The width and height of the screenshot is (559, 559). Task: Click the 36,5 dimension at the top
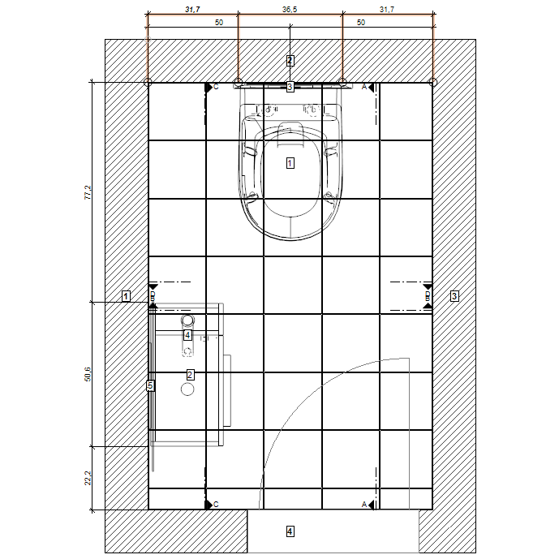(290, 10)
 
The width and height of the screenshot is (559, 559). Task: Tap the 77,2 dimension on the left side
(88, 192)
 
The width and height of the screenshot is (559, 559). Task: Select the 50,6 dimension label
(88, 374)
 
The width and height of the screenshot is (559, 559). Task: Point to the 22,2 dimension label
(88, 478)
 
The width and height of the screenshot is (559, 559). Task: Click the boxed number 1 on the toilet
(290, 163)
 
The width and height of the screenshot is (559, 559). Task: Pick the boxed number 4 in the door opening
(290, 531)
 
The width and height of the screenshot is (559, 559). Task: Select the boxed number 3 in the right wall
(454, 296)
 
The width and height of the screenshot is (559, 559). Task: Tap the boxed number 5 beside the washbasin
(150, 385)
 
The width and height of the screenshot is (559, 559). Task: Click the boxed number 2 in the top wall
(290, 61)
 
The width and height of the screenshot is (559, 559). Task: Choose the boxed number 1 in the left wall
(126, 296)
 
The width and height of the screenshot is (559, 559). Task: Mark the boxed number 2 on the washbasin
(190, 375)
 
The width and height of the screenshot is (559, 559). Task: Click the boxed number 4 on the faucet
(187, 335)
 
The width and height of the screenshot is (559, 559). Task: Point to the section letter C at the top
(216, 87)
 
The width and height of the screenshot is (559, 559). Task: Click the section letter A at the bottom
(364, 505)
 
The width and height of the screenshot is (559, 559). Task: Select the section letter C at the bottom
(216, 505)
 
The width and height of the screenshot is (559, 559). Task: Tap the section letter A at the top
(364, 87)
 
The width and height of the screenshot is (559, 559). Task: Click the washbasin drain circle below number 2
(187, 389)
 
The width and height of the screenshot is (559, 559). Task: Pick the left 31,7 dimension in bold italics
(192, 10)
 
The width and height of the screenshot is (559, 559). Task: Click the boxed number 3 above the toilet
(290, 87)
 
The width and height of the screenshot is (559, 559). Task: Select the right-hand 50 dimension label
(361, 23)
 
